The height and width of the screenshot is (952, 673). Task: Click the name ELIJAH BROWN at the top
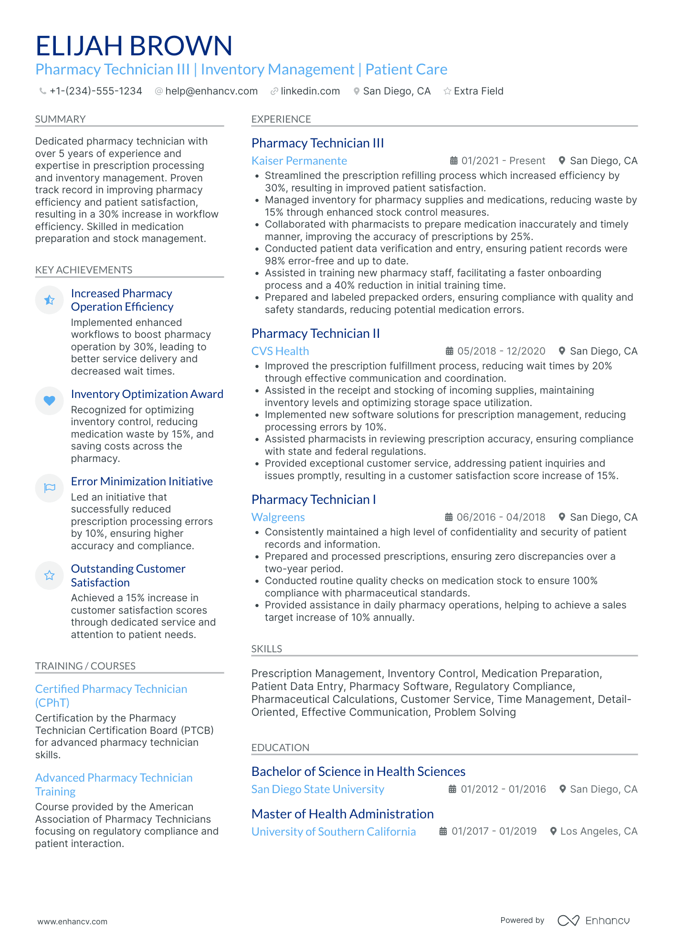[x=134, y=46]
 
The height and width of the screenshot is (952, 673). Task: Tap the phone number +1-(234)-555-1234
[x=95, y=91]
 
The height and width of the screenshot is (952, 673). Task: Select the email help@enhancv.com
[x=211, y=91]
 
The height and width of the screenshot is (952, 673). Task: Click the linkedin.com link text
[x=310, y=91]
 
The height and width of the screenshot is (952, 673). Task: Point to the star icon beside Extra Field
[x=447, y=91]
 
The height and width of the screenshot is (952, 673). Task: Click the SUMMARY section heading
[x=60, y=119]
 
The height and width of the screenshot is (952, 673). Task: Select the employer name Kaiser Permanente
[x=299, y=161]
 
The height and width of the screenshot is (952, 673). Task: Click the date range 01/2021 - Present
[x=503, y=161]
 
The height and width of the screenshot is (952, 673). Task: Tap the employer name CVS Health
[x=280, y=351]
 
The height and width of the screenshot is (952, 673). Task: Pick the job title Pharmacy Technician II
[x=315, y=334]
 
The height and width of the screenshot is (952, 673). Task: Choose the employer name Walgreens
[x=278, y=517]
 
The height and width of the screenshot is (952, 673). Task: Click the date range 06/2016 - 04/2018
[x=501, y=517]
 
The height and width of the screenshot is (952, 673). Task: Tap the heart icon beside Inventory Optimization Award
[x=49, y=401]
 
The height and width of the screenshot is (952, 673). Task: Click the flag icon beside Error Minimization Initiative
[x=49, y=488]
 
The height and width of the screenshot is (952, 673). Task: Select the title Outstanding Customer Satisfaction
[x=128, y=575]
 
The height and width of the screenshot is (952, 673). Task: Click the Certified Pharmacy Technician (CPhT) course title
[x=111, y=696]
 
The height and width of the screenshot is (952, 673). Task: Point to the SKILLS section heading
[x=266, y=649]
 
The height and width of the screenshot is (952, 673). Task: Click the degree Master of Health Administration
[x=342, y=814]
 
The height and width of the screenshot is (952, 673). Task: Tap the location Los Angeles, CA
[x=599, y=831]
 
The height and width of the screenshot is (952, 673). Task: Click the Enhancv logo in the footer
[x=594, y=921]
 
